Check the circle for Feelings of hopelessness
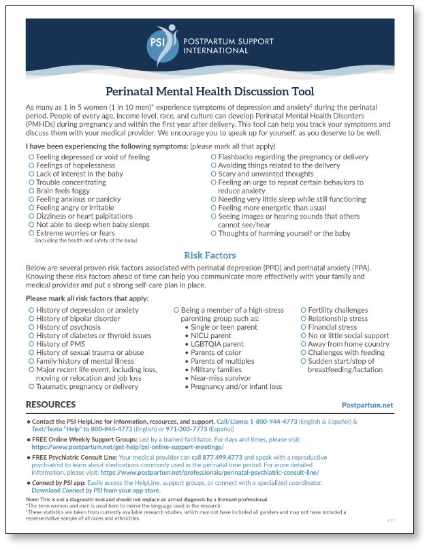(31, 166)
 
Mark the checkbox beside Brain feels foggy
(31, 191)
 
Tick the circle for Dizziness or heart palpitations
(31, 216)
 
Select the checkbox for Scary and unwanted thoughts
(213, 174)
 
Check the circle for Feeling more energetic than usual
(213, 208)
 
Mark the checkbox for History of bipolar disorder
(31, 319)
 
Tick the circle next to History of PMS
(31, 344)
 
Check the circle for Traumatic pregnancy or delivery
(31, 386)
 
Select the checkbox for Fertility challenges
(303, 311)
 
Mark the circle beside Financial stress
(303, 327)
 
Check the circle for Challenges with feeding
(303, 353)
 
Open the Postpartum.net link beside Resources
(367, 405)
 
